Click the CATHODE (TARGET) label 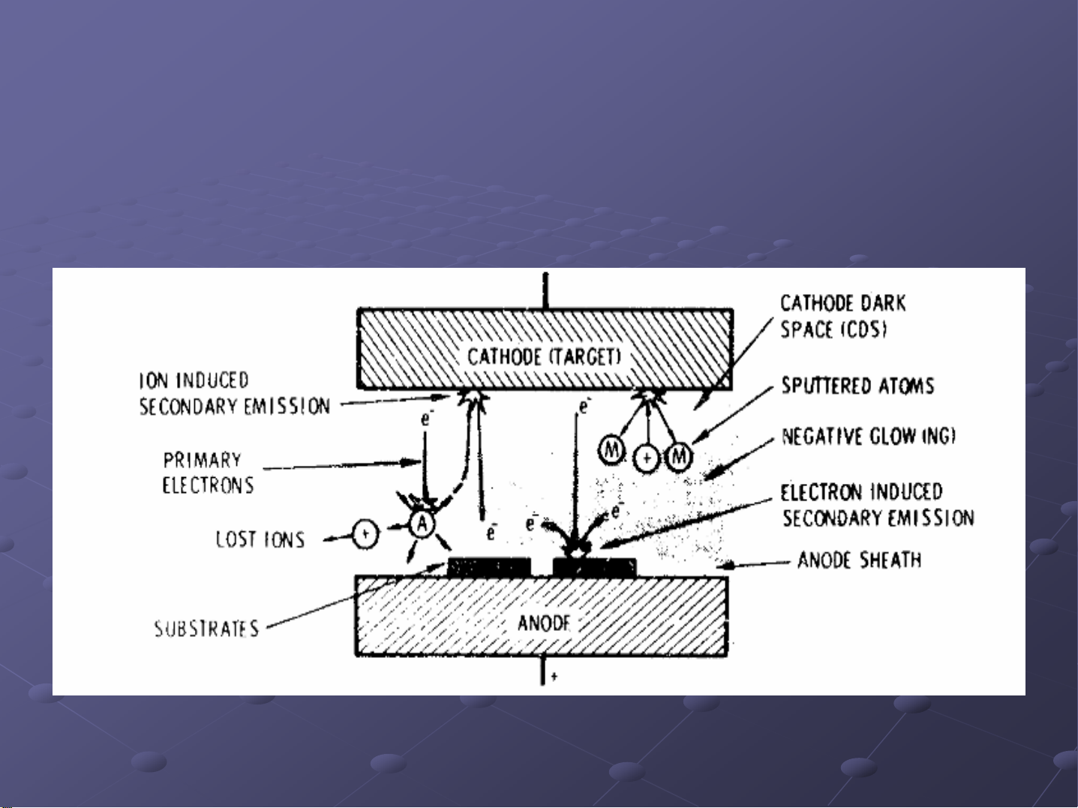(x=544, y=356)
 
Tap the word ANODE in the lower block (x=544, y=622)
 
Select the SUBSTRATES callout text (x=206, y=628)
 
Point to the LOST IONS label (x=260, y=539)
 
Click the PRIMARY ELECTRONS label (x=208, y=473)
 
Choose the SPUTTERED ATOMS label (x=857, y=386)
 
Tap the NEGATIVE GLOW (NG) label (x=868, y=437)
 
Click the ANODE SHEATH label (x=859, y=560)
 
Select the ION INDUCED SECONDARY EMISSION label (x=234, y=393)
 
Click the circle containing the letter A (x=422, y=524)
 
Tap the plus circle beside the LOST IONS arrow (x=365, y=533)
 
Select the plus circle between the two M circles (x=647, y=458)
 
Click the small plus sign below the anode (x=554, y=677)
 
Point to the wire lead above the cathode (x=545, y=290)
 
